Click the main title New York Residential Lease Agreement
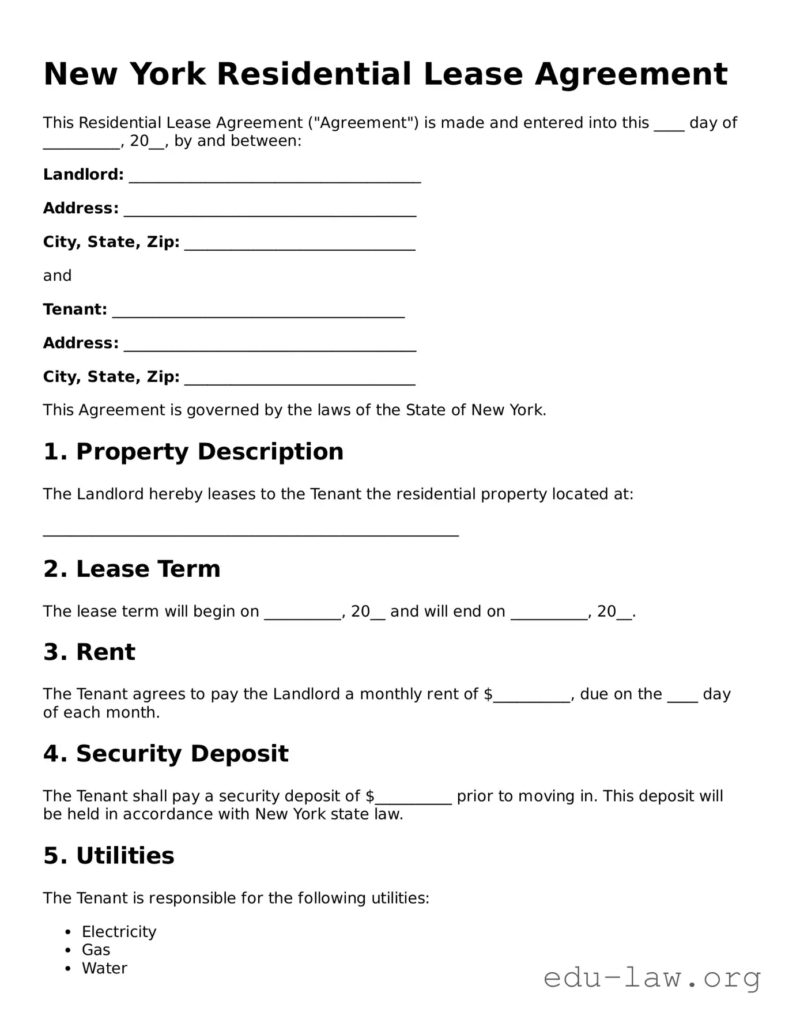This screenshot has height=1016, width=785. click(385, 74)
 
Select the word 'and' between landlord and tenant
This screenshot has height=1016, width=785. click(57, 275)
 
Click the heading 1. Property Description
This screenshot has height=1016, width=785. click(193, 451)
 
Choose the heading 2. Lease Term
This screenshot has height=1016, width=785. click(131, 569)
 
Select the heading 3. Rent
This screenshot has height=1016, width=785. click(89, 652)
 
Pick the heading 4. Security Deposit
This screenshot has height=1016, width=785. click(165, 754)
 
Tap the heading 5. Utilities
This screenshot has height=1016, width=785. click(108, 855)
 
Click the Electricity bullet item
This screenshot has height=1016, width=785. click(119, 932)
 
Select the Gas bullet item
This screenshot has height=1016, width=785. click(96, 950)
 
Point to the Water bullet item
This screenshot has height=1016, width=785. click(104, 968)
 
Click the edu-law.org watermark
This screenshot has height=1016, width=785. click(652, 979)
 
